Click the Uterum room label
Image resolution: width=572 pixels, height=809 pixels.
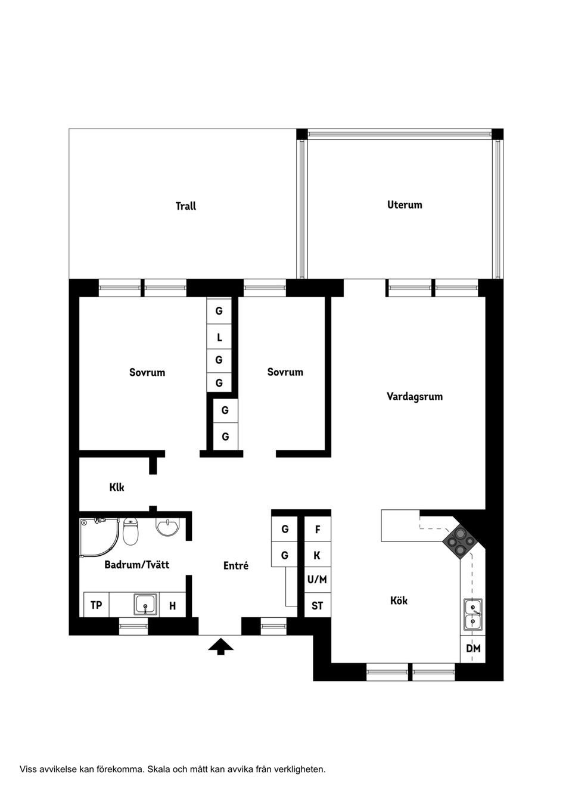pos(405,205)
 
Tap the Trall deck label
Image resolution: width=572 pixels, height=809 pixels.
pos(185,206)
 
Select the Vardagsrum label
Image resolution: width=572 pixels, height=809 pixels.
pos(414,397)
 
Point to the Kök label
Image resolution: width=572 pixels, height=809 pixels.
pos(399,600)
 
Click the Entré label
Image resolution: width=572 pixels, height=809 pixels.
pos(235,566)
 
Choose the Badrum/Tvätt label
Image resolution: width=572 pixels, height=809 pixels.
pos(136,564)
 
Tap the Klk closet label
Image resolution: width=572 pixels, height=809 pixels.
pos(117,487)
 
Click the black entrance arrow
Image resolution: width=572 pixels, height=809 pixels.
pos(221,646)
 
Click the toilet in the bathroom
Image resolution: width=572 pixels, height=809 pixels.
pos(130,531)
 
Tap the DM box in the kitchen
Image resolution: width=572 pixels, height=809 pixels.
pos(473,649)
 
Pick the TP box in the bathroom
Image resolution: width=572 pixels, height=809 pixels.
pos(96,605)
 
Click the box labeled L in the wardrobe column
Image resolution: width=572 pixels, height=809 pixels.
pos(219,338)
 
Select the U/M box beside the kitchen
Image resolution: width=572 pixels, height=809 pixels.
pos(317,580)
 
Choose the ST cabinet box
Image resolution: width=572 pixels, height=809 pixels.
pos(317,606)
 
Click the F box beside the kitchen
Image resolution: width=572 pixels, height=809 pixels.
pos(317,530)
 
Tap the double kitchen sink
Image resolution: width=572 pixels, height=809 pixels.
pos(473,615)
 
